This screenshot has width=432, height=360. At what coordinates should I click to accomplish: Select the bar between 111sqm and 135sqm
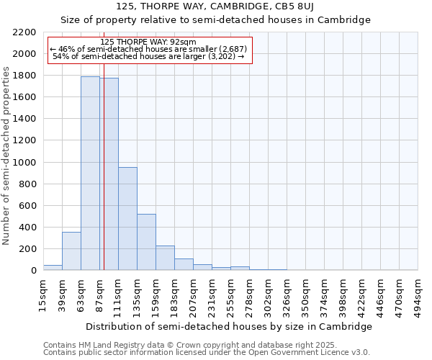pyautogui.click(x=127, y=218)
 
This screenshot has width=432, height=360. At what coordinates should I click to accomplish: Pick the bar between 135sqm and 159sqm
pyautogui.click(x=146, y=242)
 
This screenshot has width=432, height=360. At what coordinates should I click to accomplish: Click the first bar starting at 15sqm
pyautogui.click(x=53, y=267)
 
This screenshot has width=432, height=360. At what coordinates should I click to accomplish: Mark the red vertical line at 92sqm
pyautogui.click(x=104, y=180)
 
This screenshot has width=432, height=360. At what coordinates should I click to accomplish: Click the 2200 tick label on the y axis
pyautogui.click(x=24, y=32)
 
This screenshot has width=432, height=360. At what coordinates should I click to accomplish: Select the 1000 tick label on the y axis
pyautogui.click(x=24, y=163)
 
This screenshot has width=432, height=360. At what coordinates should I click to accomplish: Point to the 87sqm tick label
pyautogui.click(x=99, y=294)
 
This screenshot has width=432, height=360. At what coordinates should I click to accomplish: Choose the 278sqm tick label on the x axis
pyautogui.click(x=249, y=296)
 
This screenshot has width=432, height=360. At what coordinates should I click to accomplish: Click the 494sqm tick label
pyautogui.click(x=418, y=296)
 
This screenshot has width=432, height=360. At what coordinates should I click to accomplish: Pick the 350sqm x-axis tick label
pyautogui.click(x=305, y=296)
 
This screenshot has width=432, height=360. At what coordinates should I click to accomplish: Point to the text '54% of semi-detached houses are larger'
pyautogui.click(x=148, y=56)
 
